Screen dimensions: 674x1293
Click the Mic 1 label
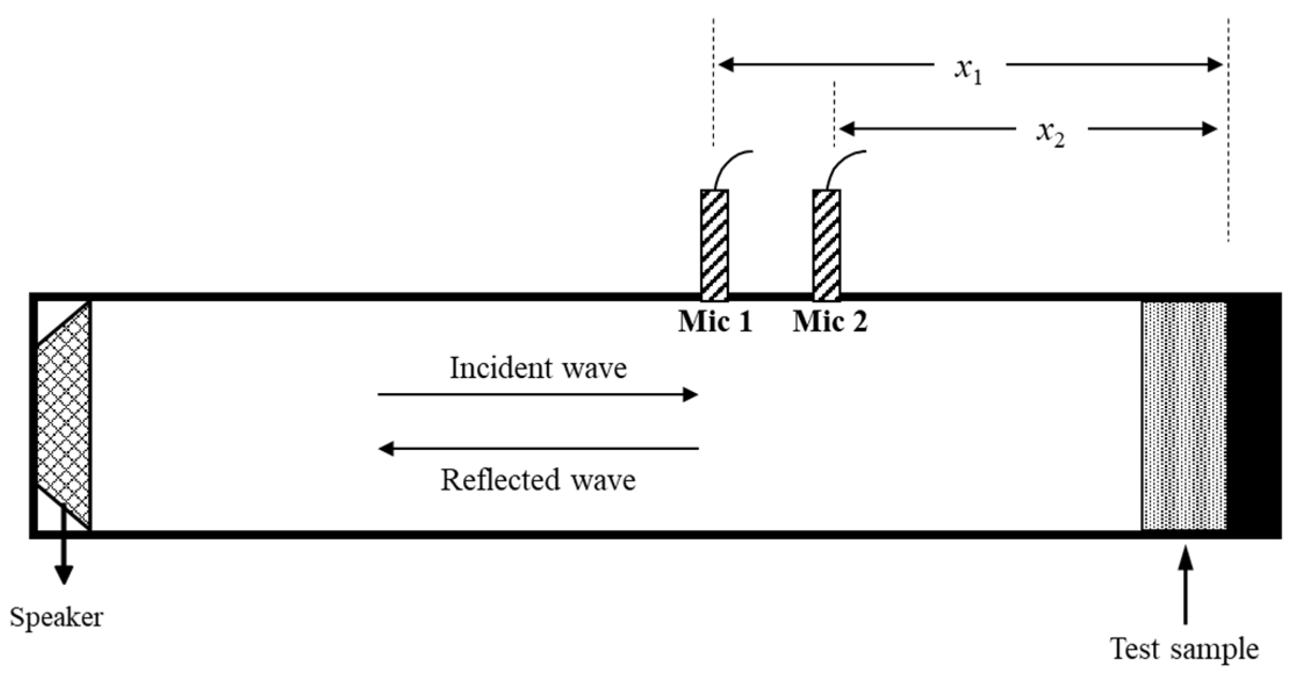click(x=715, y=321)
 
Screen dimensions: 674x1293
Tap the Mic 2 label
click(x=830, y=321)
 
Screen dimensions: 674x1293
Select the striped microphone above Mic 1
click(x=714, y=245)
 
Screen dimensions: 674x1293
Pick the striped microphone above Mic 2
click(x=826, y=245)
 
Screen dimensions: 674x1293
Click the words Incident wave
click(x=538, y=368)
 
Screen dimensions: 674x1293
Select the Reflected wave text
click(x=538, y=480)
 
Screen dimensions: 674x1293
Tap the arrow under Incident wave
click(x=538, y=395)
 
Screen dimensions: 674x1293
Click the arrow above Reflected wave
click(x=538, y=448)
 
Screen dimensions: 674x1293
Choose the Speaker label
click(x=56, y=617)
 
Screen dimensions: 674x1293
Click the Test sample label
click(x=1184, y=648)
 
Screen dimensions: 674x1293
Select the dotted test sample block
click(x=1184, y=415)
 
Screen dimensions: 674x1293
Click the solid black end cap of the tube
click(x=1254, y=415)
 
